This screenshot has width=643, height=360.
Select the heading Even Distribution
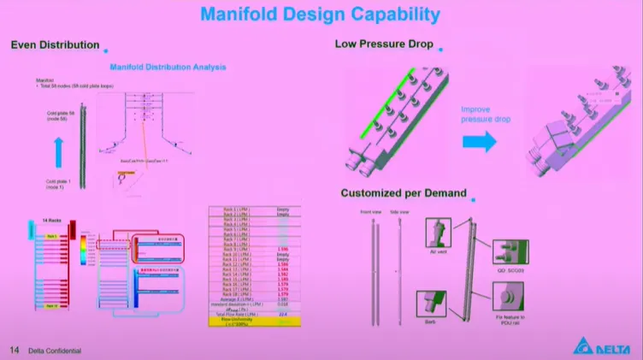(x=55, y=44)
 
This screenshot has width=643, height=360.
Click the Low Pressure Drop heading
(x=384, y=44)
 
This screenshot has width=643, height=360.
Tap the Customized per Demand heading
(x=404, y=193)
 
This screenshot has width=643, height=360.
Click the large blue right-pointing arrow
(x=481, y=142)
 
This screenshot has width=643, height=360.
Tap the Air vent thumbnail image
(x=438, y=232)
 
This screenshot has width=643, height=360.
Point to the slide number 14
(x=14, y=350)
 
